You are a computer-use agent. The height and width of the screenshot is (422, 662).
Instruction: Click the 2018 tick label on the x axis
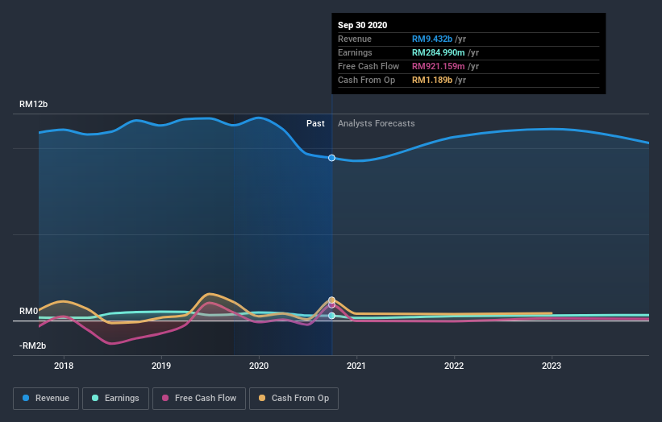(64, 366)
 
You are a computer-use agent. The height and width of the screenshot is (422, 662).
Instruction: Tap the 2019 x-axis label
(161, 366)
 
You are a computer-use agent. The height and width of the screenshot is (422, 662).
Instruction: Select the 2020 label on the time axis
(259, 366)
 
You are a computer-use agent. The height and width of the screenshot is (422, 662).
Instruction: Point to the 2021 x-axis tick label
(356, 366)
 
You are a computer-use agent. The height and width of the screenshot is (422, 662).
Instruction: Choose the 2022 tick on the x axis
(454, 366)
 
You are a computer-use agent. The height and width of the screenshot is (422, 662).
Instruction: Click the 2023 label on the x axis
(552, 366)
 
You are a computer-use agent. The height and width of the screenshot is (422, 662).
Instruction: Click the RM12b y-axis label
(34, 105)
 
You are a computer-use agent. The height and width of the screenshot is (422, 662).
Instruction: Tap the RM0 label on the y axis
(29, 311)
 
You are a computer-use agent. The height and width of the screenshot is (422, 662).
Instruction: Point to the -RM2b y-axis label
(33, 345)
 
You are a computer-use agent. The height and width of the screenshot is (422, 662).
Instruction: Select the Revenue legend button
(45, 398)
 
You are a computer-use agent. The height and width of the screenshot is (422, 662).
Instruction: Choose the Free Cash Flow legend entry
(199, 398)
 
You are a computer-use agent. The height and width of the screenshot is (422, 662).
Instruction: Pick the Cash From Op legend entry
(294, 398)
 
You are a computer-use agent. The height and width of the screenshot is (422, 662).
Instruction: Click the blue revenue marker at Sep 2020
(331, 158)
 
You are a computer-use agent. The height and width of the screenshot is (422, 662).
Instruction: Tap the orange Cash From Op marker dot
(331, 300)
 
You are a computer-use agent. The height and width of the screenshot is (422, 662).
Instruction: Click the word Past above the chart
(315, 123)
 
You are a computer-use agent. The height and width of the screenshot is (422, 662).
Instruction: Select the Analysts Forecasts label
(377, 123)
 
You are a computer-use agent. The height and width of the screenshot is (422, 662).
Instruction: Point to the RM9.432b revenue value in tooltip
(432, 39)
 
